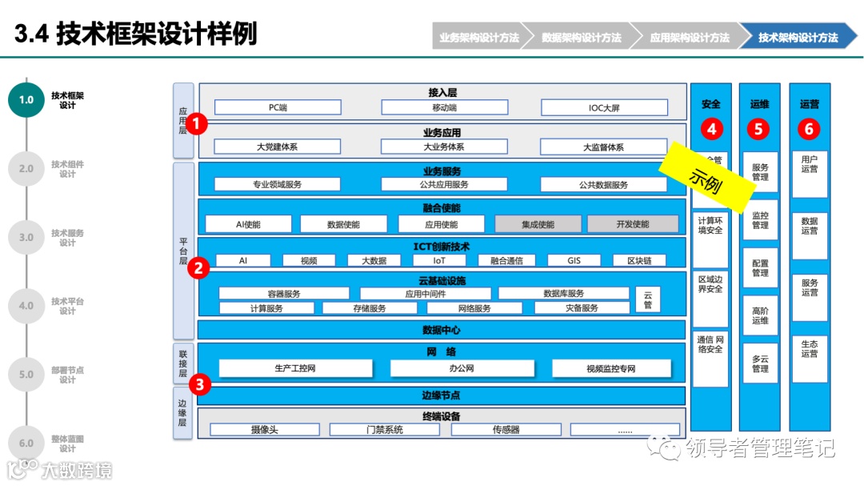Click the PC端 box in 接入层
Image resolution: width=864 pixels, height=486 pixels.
tap(278, 107)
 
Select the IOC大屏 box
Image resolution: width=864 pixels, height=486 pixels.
tap(604, 107)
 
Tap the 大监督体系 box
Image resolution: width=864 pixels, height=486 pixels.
tap(603, 147)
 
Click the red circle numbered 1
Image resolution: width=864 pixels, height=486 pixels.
tap(198, 124)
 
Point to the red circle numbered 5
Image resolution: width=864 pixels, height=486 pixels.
tap(759, 128)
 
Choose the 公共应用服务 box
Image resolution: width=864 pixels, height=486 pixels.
tap(445, 184)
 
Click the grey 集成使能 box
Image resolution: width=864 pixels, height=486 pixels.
tap(538, 224)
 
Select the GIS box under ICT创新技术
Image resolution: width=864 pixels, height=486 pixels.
tap(574, 260)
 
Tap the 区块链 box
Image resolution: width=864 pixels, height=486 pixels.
tap(639, 260)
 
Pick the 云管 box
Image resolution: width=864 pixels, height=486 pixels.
tap(647, 299)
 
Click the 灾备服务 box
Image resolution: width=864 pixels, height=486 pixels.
tap(582, 307)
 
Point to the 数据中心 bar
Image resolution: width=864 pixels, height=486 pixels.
tap(442, 330)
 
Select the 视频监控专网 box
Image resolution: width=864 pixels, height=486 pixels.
tap(610, 368)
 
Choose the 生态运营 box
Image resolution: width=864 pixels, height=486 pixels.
tap(809, 348)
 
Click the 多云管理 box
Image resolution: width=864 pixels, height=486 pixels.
tap(759, 363)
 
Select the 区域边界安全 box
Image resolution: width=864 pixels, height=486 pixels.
tap(710, 283)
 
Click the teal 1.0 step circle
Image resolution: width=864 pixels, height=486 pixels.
tap(26, 100)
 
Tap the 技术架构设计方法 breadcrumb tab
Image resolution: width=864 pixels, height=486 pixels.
tap(798, 37)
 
